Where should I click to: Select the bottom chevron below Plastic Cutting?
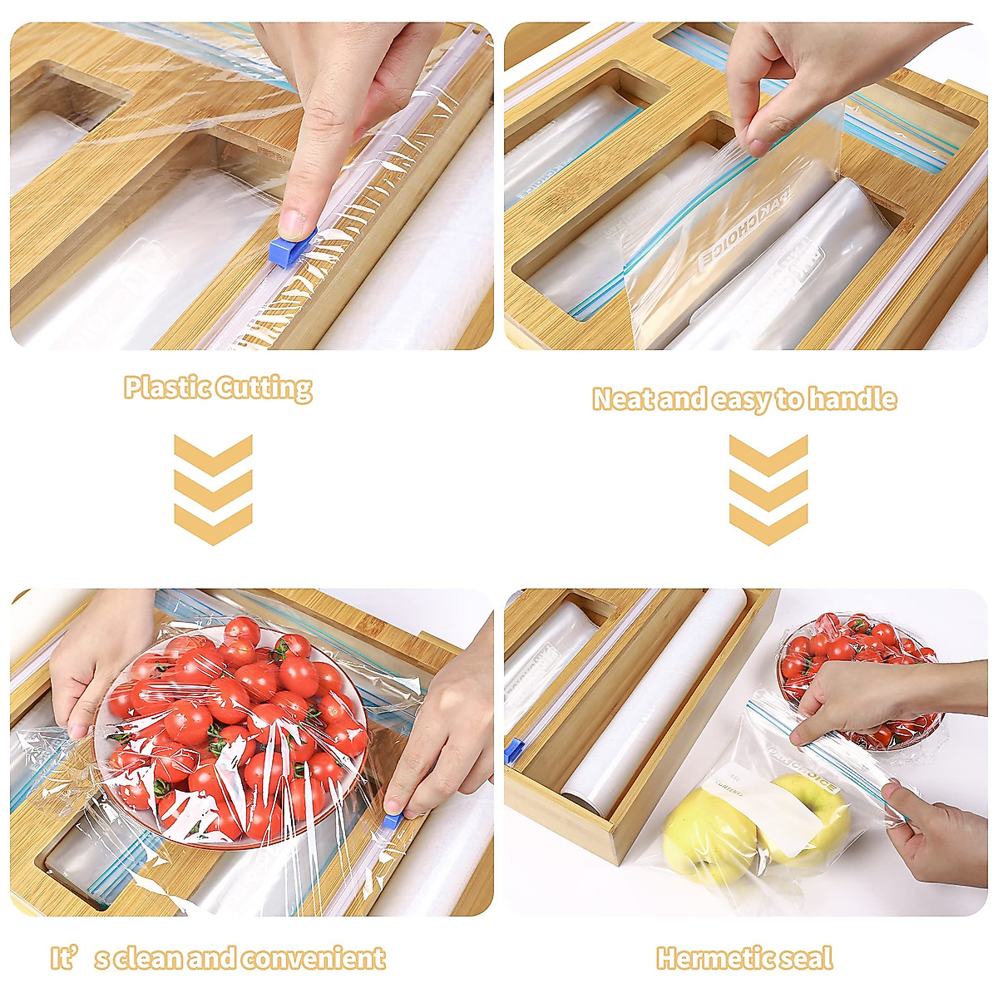213,525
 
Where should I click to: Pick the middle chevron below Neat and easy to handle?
768,490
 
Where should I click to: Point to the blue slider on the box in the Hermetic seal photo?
513,750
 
